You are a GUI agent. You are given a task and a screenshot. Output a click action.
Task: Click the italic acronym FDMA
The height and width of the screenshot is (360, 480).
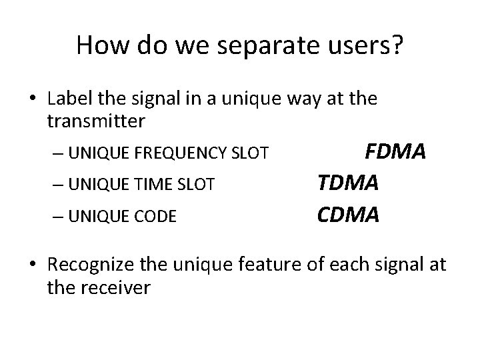pos(395,151)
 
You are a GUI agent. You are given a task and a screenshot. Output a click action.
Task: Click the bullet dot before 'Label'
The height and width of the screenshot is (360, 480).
pos(33,101)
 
